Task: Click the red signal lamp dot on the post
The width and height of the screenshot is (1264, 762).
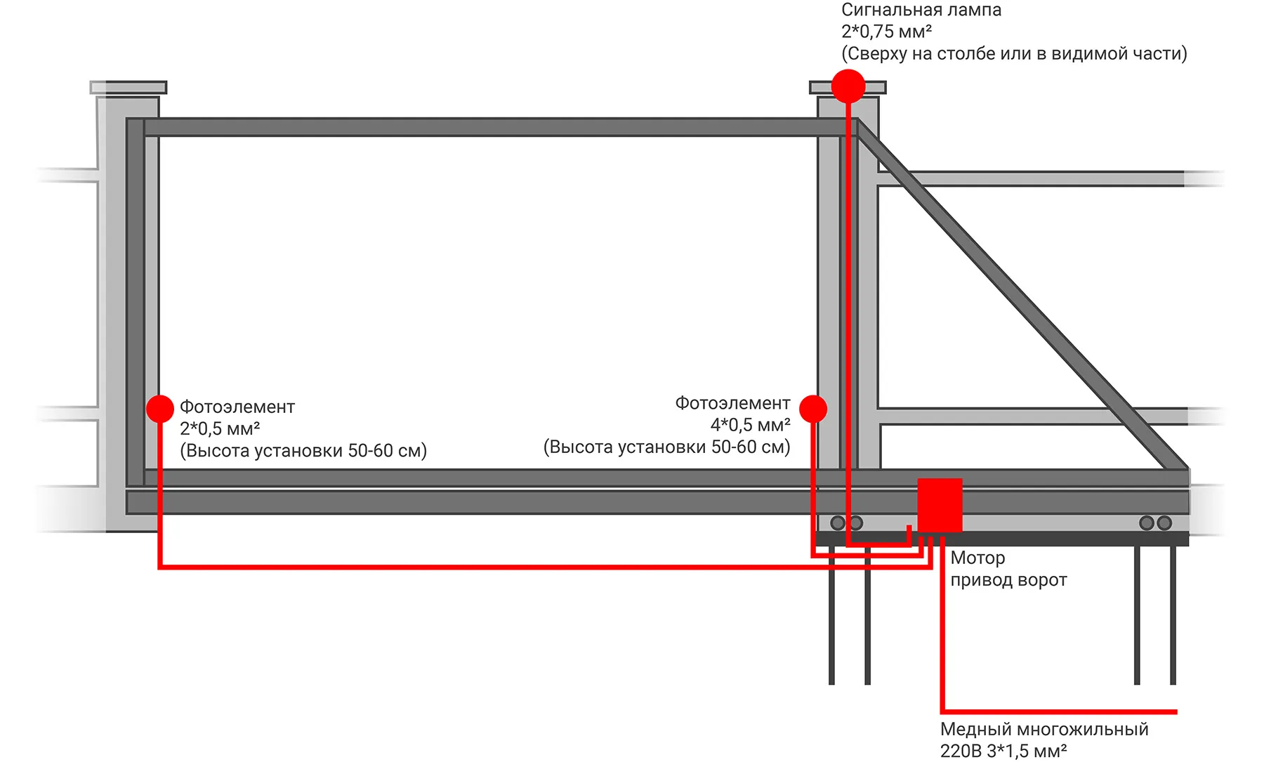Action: [x=848, y=86]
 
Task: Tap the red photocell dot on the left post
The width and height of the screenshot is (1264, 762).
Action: [x=160, y=409]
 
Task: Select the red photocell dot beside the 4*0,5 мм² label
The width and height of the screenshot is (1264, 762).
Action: [x=813, y=409]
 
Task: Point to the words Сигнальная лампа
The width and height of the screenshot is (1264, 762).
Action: [x=921, y=10]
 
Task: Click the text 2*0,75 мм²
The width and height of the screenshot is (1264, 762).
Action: [x=886, y=32]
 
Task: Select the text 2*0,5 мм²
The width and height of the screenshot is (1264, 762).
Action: [x=220, y=428]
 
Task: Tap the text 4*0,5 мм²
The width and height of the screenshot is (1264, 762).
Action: [x=750, y=425]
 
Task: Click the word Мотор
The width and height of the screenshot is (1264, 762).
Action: [x=977, y=558]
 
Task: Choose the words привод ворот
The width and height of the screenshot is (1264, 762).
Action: [x=1008, y=580]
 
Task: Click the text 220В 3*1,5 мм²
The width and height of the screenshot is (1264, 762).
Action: [x=1003, y=751]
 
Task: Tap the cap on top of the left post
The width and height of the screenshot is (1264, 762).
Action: [x=129, y=88]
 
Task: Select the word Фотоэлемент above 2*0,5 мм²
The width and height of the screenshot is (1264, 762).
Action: [x=237, y=407]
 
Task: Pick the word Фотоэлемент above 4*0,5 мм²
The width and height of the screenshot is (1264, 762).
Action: [x=732, y=403]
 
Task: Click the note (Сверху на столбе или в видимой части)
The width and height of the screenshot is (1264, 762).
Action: [x=1014, y=54]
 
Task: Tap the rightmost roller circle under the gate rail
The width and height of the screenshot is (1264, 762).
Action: [x=1164, y=523]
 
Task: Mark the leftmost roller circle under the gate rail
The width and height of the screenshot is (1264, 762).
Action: [x=838, y=523]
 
